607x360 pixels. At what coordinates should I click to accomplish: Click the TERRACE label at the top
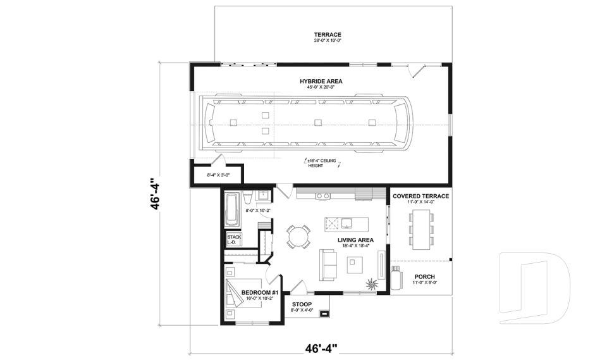tap(328, 35)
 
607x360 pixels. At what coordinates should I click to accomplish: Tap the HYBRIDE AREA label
tap(321, 82)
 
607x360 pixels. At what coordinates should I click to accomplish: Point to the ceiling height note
tap(322, 163)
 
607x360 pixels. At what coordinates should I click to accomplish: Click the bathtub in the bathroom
tap(232, 209)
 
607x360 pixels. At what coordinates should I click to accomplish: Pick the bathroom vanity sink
tap(262, 194)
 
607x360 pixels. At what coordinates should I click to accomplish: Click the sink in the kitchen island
tap(347, 222)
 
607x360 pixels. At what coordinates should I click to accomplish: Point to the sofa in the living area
tap(328, 264)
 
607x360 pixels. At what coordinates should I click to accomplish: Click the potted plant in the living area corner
tap(371, 283)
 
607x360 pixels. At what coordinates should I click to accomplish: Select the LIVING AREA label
tap(355, 240)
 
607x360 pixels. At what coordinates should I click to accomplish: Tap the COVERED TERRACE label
tap(420, 196)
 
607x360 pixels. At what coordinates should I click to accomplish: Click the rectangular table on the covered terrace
tap(421, 228)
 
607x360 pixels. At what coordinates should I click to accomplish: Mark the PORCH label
tap(424, 276)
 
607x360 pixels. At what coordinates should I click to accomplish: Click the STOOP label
tap(302, 304)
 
